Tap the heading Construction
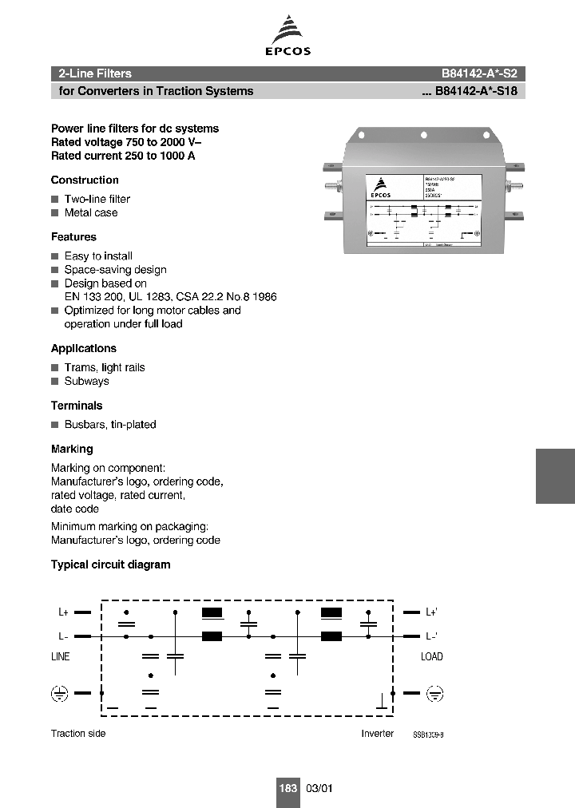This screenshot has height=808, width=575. (x=85, y=180)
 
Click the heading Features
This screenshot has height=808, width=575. (x=73, y=237)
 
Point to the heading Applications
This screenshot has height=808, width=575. (x=84, y=349)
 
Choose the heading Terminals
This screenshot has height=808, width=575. (x=77, y=406)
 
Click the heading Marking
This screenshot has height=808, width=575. (x=72, y=450)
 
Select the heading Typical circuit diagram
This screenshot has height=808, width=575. (x=111, y=564)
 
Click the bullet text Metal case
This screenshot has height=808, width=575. (x=91, y=213)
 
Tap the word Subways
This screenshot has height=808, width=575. (x=86, y=382)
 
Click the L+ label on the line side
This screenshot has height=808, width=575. (x=64, y=612)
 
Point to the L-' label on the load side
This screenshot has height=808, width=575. (x=431, y=636)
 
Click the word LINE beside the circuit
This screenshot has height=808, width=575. (x=61, y=657)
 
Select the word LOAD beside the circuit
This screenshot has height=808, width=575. (x=431, y=657)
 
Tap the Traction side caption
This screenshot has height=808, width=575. (x=78, y=734)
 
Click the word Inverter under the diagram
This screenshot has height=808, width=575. (x=377, y=734)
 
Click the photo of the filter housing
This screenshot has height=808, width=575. (x=423, y=192)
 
